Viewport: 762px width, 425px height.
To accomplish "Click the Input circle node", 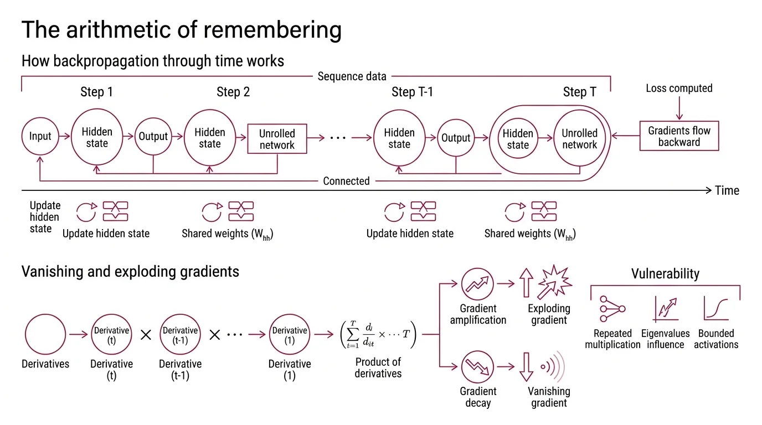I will click(x=40, y=137).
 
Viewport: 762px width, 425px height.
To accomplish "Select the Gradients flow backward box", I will click(x=679, y=136).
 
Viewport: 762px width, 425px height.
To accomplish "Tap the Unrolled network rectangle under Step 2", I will click(x=277, y=139).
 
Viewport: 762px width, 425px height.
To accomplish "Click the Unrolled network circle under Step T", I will click(x=579, y=139).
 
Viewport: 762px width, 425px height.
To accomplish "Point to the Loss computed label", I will click(x=679, y=88).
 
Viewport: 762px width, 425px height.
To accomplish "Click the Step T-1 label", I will click(x=412, y=92).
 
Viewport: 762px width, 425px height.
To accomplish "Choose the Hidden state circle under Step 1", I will click(x=97, y=137).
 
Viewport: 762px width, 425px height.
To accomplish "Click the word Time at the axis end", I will click(x=727, y=190).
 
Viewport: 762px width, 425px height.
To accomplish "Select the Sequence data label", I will click(x=352, y=76).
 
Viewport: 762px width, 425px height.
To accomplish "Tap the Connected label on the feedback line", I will click(x=346, y=181).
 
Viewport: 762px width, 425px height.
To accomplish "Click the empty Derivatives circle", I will click(x=45, y=335).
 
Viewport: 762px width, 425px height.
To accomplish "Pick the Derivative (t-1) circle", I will click(x=180, y=335).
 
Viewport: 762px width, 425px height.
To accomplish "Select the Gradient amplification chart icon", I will click(x=477, y=284).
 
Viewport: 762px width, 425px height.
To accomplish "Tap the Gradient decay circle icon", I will click(x=477, y=367).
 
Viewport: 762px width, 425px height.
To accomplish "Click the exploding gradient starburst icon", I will click(x=555, y=282).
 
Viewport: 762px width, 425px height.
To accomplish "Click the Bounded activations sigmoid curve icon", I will click(x=715, y=308).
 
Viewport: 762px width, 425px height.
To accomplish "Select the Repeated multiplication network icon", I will click(x=612, y=309).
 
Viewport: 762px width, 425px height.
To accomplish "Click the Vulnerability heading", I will click(x=665, y=273).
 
